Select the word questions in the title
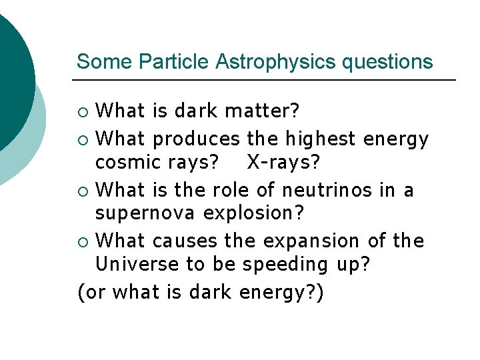click(387, 62)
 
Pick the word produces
click(197, 139)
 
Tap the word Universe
click(137, 264)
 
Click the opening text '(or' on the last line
click(92, 293)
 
